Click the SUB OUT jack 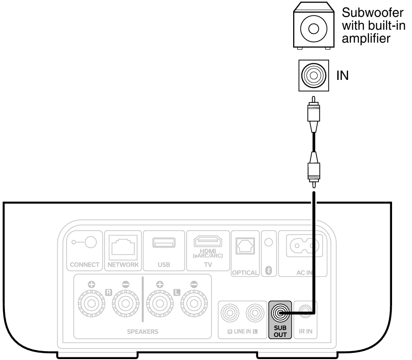pos(280,313)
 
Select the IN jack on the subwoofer pos(314,75)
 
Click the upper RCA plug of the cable pos(314,114)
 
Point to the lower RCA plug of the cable pos(314,170)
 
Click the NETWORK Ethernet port pos(123,245)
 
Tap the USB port pos(164,242)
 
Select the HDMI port pos(208,241)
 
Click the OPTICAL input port pos(245,246)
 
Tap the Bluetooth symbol pos(269,270)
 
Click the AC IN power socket pos(304,246)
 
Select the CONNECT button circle pos(91,242)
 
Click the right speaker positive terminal pos(91,304)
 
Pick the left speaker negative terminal pos(194,304)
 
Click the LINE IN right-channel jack pos(230,313)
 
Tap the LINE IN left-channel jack pos(255,313)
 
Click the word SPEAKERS pos(143,332)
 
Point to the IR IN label pos(306,331)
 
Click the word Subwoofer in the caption pos(373,12)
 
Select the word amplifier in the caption pos(366,38)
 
